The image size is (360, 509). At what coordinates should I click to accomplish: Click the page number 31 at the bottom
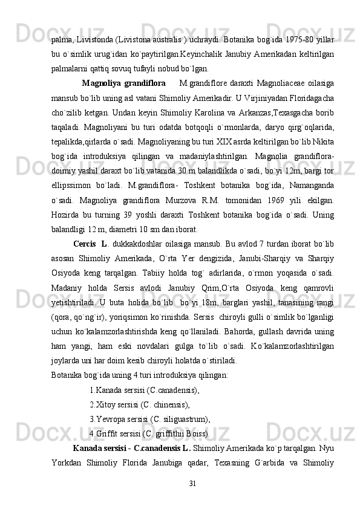[x=192, y=483]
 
